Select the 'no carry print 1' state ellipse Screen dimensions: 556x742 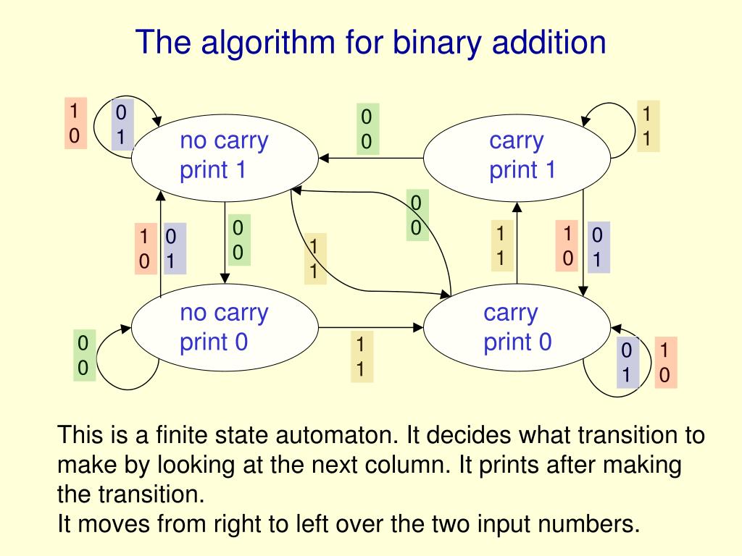point(224,155)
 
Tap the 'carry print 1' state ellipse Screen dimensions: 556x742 point(517,155)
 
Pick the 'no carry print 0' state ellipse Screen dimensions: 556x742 point(224,327)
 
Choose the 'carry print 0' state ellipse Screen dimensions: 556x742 point(517,327)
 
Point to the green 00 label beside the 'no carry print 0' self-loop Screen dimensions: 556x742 point(83,355)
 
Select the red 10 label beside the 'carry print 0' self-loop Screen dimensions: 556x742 point(664,363)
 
